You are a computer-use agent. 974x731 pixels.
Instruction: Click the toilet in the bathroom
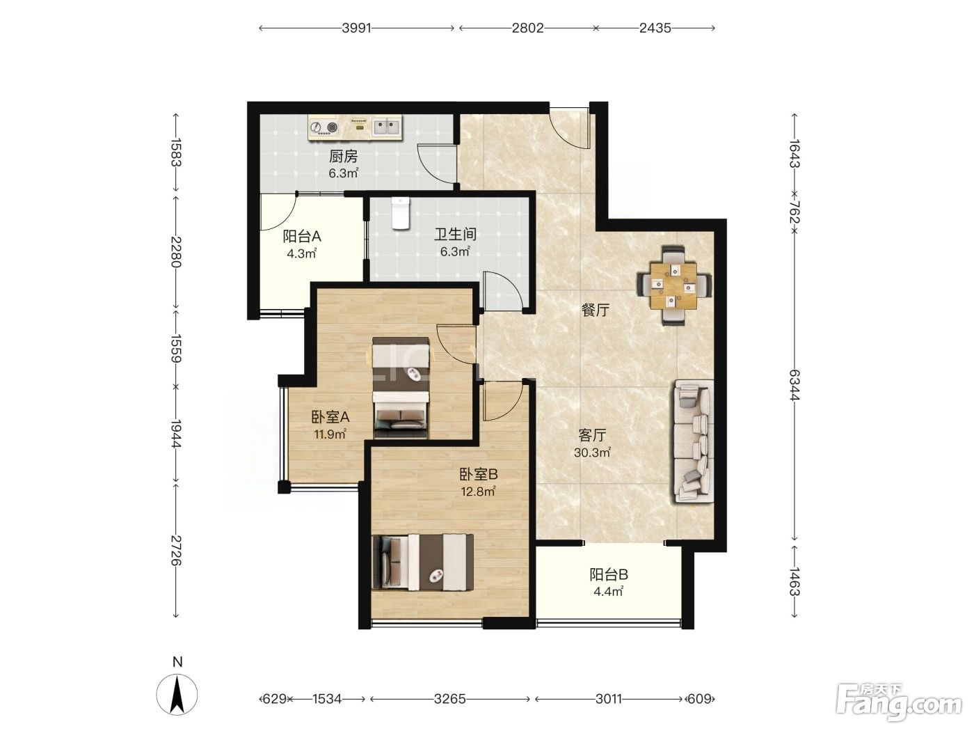click(400, 214)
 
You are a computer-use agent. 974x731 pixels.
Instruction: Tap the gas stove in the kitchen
click(324, 128)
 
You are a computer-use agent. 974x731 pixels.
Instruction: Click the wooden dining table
click(673, 285)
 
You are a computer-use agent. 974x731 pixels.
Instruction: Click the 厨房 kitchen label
click(343, 156)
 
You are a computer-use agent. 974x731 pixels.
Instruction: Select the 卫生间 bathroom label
click(455, 235)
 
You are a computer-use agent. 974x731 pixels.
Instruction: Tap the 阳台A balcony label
click(302, 237)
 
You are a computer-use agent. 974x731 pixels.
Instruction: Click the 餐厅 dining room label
click(595, 311)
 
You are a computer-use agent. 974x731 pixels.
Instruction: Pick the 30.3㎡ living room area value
click(592, 453)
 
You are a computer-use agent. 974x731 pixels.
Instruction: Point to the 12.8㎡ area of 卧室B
click(478, 492)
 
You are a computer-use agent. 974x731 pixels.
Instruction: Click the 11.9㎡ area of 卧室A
click(330, 434)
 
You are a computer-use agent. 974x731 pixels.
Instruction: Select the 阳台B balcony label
click(608, 575)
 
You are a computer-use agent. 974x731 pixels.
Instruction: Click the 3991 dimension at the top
click(356, 28)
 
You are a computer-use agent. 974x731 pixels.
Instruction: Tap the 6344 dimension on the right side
click(795, 385)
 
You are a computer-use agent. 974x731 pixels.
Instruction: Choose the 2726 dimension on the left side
click(176, 551)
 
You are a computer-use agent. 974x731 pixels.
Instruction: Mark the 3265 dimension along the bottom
click(449, 699)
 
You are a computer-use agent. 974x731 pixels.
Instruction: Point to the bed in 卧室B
click(422, 562)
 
